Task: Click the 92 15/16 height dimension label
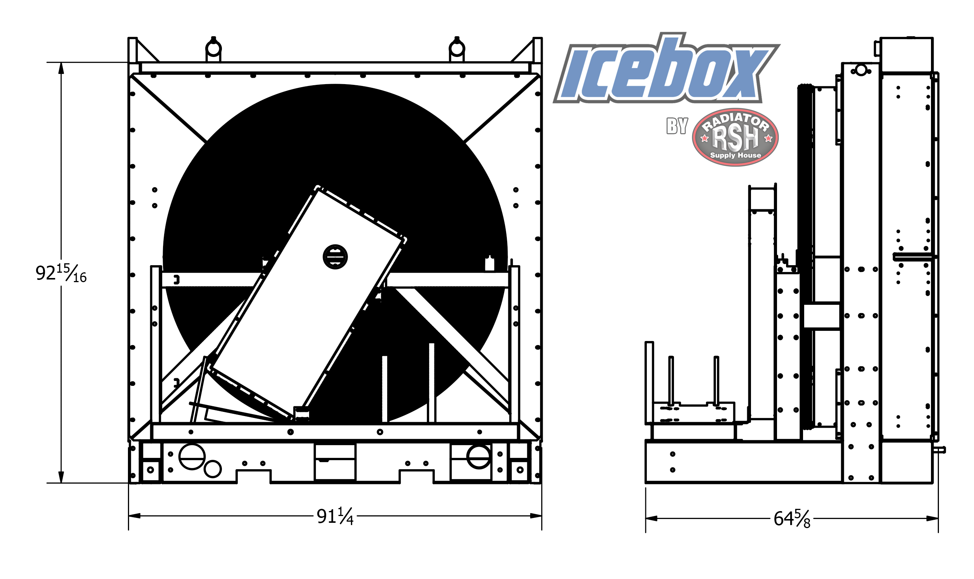[61, 273]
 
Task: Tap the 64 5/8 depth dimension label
[792, 519]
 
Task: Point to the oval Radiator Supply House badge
[735, 137]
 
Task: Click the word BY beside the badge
[677, 126]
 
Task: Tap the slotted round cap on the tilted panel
[335, 257]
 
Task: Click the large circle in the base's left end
[192, 456]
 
